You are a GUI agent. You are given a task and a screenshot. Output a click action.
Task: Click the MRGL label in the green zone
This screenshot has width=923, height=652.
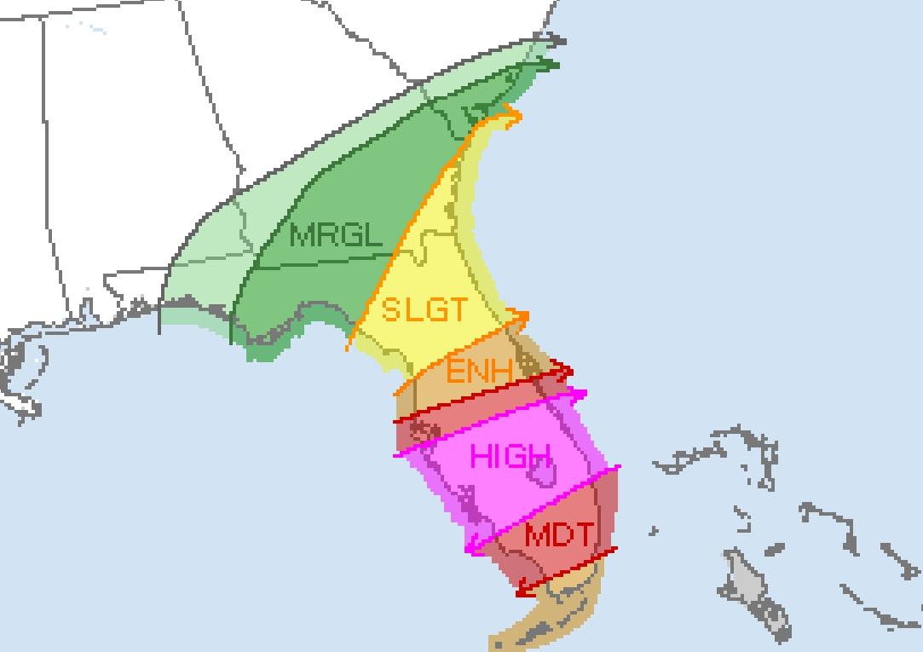pos(337,235)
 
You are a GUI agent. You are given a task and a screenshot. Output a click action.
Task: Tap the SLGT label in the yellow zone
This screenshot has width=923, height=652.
pos(424,309)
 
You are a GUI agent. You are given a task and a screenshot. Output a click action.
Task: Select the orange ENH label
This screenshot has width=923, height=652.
pos(479,372)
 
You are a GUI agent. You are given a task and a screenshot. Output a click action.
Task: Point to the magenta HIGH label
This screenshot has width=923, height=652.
pos(511,457)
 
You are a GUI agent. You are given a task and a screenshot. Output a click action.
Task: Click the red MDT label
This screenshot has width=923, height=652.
pos(559,536)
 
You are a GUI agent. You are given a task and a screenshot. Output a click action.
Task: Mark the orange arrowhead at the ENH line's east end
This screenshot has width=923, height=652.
pos(522,317)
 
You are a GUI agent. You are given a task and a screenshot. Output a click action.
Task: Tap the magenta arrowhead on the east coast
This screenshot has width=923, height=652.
pos(579,395)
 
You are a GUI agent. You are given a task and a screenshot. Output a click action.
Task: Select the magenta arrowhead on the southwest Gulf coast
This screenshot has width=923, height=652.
pos(472,549)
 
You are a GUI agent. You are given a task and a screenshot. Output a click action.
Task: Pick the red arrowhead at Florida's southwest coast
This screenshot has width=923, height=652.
pos(523,586)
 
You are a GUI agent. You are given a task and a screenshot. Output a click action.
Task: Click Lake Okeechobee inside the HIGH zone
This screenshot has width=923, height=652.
pos(543,470)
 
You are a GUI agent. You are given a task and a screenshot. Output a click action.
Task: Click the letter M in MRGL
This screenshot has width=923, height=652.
pos(304,235)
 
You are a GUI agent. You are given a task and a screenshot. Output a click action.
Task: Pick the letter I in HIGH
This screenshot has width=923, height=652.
pos(499,457)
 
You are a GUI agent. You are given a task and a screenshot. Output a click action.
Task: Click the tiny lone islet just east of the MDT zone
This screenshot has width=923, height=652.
pos(653,531)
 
